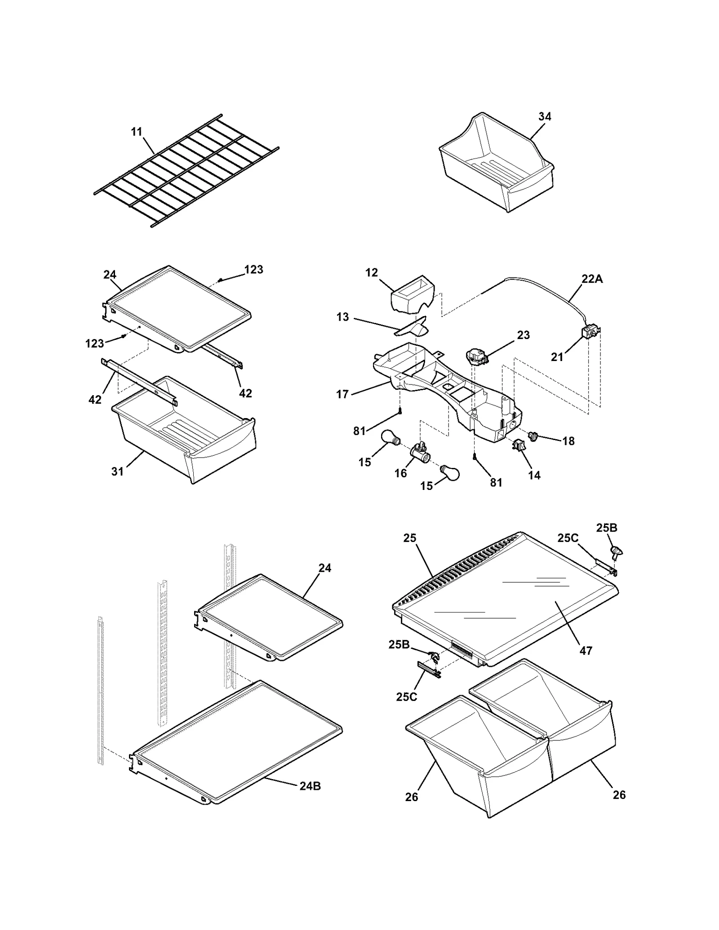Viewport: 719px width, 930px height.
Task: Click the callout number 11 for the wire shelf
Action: pyautogui.click(x=137, y=132)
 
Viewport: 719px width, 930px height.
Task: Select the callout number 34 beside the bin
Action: pyautogui.click(x=545, y=116)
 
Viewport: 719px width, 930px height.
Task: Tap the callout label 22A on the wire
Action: pyautogui.click(x=592, y=279)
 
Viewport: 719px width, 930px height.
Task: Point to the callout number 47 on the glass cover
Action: pyautogui.click(x=586, y=650)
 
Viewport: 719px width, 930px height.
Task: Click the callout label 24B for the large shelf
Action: pyautogui.click(x=310, y=786)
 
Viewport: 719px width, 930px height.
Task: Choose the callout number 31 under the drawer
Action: pyautogui.click(x=117, y=472)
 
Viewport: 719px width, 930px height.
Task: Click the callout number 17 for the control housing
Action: pyautogui.click(x=342, y=394)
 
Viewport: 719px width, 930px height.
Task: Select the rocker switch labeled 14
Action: pyautogui.click(x=518, y=445)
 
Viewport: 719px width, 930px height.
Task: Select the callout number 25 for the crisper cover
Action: pyautogui.click(x=410, y=538)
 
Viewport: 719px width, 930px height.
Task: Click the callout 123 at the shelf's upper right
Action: pyautogui.click(x=253, y=269)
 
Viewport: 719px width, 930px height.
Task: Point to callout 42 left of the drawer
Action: pyautogui.click(x=95, y=399)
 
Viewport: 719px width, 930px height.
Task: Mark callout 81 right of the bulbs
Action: pyautogui.click(x=496, y=482)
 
